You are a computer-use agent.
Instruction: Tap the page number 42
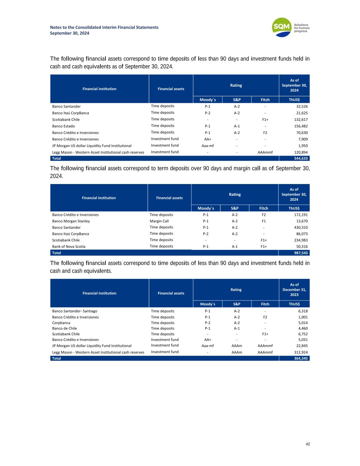tap(308, 444)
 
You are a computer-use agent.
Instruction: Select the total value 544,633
tap(301, 158)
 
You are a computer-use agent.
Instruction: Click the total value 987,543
tap(301, 253)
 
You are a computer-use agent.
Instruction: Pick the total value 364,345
tap(301, 358)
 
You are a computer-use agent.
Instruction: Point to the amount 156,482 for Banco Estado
tap(301, 126)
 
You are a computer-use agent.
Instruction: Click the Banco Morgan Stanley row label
tap(71, 221)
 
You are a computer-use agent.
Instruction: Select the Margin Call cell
tap(159, 221)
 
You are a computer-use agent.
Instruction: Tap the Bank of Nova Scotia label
tap(69, 246)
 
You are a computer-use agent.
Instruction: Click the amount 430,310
tap(301, 227)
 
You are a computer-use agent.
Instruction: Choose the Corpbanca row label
tap(61, 323)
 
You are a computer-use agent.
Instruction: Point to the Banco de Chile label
tap(64, 328)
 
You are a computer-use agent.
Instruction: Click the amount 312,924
tap(301, 352)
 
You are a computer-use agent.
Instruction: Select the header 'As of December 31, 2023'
tap(294, 290)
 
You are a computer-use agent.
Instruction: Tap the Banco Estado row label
tap(63, 126)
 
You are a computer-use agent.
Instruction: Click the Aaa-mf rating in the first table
tap(207, 146)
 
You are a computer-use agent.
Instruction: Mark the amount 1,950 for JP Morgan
tap(303, 146)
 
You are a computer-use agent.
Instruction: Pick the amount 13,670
tap(302, 221)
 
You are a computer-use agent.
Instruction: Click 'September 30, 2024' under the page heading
tap(70, 33)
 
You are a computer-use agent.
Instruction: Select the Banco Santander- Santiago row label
tap(75, 311)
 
